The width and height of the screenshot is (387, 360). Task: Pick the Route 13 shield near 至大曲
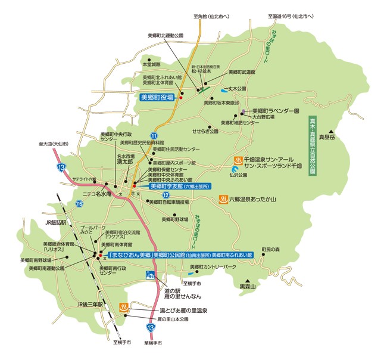point(61,169)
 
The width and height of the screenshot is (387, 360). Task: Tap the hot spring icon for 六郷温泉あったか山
point(223,199)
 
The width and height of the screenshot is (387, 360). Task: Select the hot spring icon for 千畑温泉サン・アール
point(237,160)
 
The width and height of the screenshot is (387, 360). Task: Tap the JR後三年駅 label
point(90,304)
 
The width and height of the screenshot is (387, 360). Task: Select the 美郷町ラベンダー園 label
point(274,111)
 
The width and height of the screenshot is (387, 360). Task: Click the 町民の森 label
point(270,249)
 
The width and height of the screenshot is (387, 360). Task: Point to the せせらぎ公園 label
point(204,130)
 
